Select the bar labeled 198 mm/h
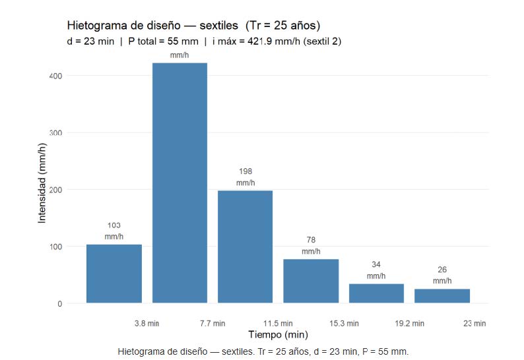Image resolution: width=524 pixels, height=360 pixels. pos(245,247)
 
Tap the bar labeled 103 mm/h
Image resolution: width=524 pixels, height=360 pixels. pos(114,274)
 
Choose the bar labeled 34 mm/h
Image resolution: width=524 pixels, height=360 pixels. pos(376,293)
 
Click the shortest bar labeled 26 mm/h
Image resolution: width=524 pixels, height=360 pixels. pos(442,296)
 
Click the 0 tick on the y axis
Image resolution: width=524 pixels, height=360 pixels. pos(60,304)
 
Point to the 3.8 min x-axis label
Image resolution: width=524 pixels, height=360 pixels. pos(147,324)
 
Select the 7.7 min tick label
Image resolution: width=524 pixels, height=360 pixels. pos(213,324)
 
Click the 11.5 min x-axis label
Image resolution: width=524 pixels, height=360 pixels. pos(278,324)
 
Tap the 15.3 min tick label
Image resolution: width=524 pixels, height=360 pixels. pos(344,324)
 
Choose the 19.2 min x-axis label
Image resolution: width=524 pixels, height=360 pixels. pos(409,324)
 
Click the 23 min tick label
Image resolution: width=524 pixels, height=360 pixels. pos(475,324)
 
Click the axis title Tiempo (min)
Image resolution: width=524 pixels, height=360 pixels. pos(278,335)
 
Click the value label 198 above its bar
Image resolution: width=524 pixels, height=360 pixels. pos(245,171)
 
